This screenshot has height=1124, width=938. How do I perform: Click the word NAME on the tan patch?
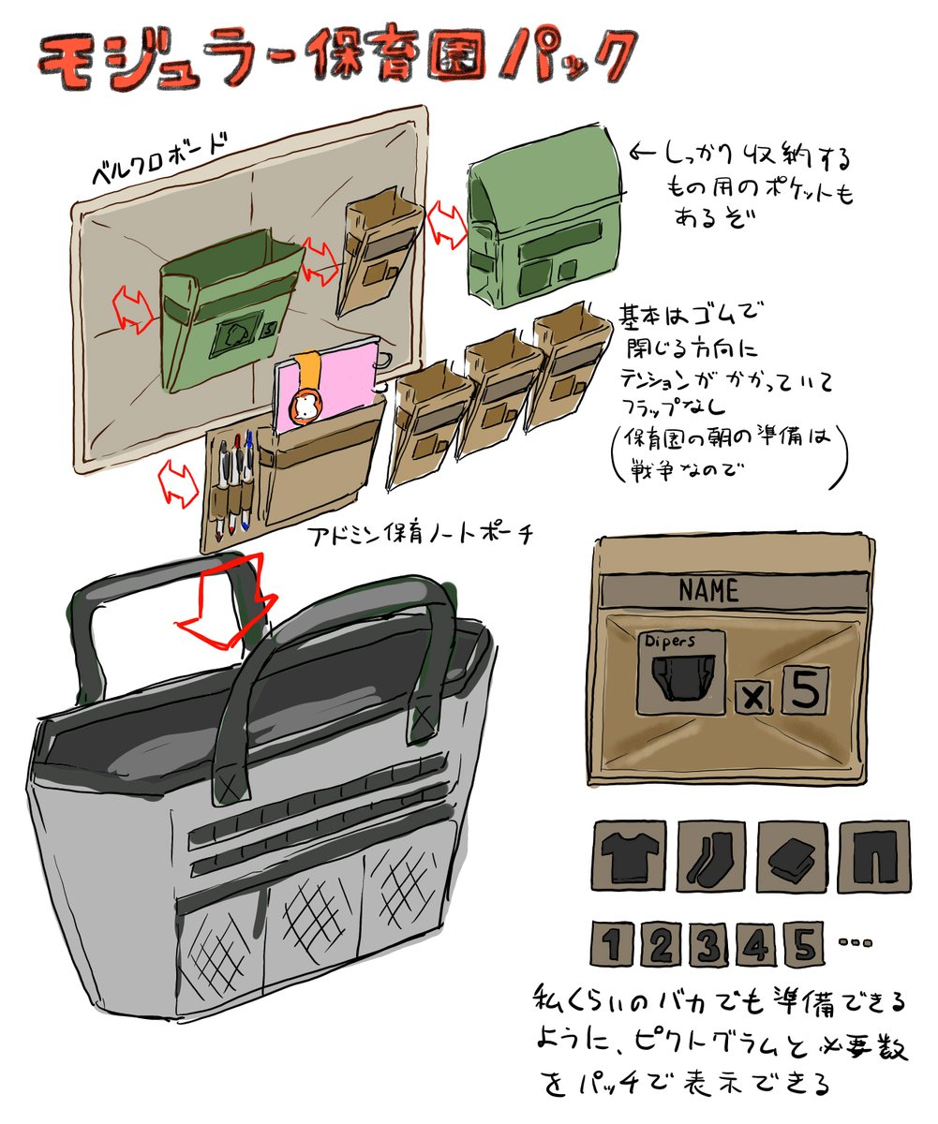click(708, 591)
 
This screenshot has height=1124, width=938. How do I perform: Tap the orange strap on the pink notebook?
click(305, 389)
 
